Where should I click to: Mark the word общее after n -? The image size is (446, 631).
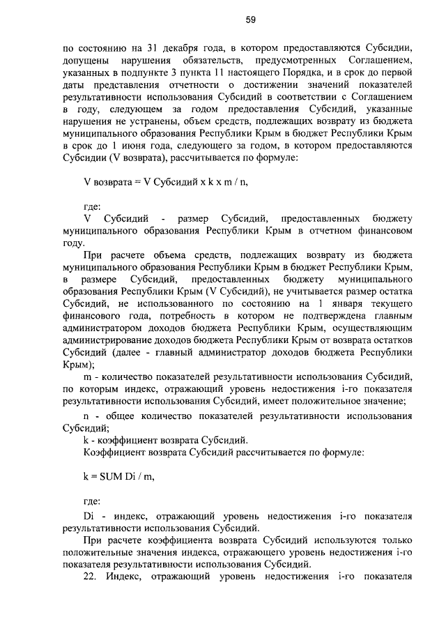coord(119,416)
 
